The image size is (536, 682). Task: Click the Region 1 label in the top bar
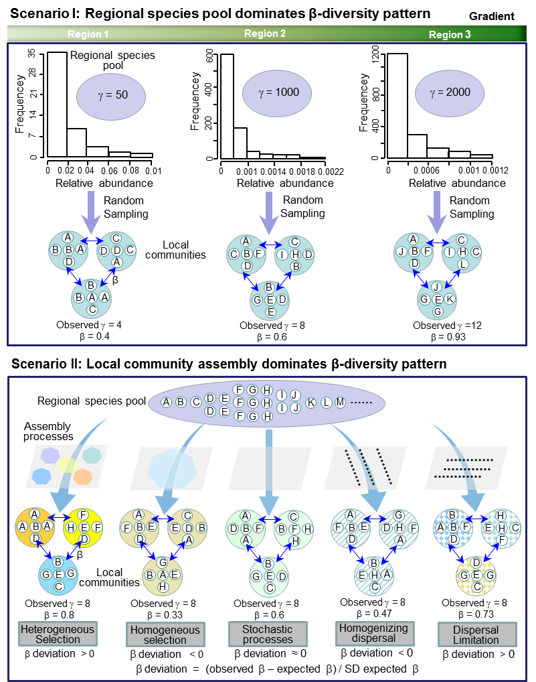pos(88,34)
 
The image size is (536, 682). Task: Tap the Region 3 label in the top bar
pos(450,35)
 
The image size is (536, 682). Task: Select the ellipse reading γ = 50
pos(111,95)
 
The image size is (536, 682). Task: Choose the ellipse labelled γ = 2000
pos(450,92)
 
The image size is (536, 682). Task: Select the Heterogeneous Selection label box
pos(58,634)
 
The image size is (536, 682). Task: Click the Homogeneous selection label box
pos(165,634)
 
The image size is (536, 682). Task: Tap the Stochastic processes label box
pos(268,634)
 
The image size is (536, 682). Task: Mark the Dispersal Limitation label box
pos(476,634)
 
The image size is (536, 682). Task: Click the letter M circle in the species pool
pos(340,402)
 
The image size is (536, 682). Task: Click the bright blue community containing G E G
pos(59,575)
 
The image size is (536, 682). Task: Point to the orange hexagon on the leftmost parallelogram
pos(82,476)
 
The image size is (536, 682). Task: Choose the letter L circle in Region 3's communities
pos(462,265)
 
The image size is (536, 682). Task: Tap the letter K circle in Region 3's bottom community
pos(450,299)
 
